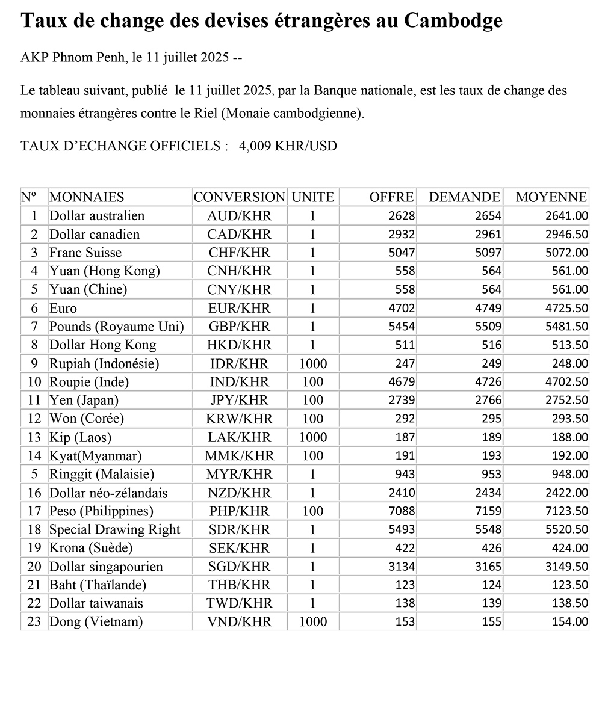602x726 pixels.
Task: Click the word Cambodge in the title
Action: tap(453, 22)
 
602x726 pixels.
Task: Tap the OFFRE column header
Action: tap(391, 197)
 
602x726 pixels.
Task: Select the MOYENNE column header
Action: tap(551, 197)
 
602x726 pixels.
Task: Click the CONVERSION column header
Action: tap(239, 197)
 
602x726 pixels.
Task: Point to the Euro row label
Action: tap(63, 309)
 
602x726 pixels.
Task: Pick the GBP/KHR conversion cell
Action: tap(239, 327)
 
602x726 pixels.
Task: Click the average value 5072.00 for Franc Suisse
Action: tap(566, 253)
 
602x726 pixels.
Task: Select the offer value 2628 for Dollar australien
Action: tap(403, 216)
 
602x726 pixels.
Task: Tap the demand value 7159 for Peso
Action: tap(488, 512)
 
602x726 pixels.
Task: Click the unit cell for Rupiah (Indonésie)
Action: tap(312, 364)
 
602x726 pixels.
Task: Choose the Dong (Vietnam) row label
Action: tap(96, 623)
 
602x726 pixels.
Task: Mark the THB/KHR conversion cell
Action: tap(239, 585)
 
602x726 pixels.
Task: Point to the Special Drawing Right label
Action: tap(114, 530)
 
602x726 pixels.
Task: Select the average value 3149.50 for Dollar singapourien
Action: tap(566, 567)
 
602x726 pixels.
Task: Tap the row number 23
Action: tap(34, 623)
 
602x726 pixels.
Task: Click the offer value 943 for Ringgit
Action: tap(405, 475)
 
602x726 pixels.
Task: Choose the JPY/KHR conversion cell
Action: tap(239, 401)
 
